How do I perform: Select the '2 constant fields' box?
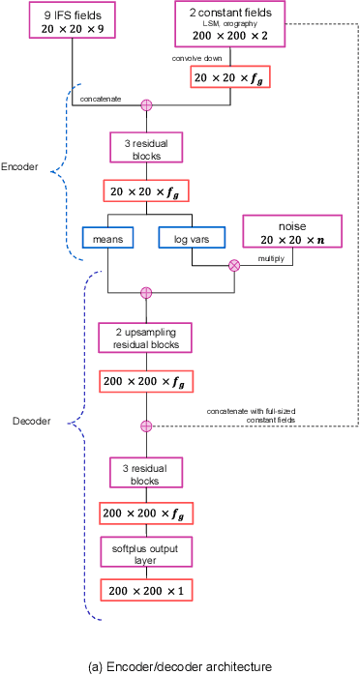coord(230,24)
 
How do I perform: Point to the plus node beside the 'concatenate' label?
coord(147,104)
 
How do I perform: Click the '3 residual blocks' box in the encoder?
coord(147,148)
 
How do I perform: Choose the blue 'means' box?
coord(107,237)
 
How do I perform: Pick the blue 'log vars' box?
coord(192,237)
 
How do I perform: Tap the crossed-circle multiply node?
coord(233,265)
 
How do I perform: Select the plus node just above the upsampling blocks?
coord(147,292)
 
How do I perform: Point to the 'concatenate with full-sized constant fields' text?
coord(251,415)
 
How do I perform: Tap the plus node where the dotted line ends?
coord(147,426)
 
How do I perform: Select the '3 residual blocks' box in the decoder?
coord(146,473)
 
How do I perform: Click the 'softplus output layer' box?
coord(146,552)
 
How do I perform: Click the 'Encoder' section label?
coord(19,166)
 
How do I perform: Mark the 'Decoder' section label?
coord(31,422)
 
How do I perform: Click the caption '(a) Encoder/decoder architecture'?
coord(179,665)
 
